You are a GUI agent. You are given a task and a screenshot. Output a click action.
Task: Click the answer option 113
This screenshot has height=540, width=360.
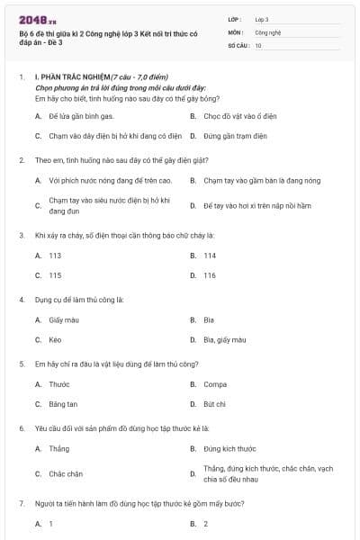tap(55, 256)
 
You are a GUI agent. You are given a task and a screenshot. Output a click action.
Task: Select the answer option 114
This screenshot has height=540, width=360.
tap(210, 256)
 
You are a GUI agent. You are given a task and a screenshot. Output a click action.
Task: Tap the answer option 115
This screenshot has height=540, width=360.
tap(55, 275)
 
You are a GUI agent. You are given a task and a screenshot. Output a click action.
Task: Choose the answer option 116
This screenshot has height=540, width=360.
tap(210, 275)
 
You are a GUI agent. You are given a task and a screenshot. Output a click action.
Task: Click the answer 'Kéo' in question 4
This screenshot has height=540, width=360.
tap(55, 339)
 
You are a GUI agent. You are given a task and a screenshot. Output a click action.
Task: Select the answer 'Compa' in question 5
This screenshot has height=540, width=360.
tap(214, 384)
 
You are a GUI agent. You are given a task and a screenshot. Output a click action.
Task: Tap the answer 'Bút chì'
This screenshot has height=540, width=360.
tap(214, 404)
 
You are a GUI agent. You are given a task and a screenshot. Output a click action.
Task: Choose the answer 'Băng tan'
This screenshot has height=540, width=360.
tap(63, 404)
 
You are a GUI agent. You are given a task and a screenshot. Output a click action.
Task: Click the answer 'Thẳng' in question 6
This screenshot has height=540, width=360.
tap(58, 448)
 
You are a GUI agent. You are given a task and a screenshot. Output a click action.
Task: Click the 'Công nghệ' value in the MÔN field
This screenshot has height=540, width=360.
tap(268, 31)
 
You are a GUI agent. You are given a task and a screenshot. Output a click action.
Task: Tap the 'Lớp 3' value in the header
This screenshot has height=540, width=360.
tap(262, 18)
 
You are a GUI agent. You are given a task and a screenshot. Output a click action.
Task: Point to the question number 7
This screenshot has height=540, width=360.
tap(21, 504)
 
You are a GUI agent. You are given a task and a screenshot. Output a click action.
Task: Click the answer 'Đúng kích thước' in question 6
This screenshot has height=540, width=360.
tap(229, 448)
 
